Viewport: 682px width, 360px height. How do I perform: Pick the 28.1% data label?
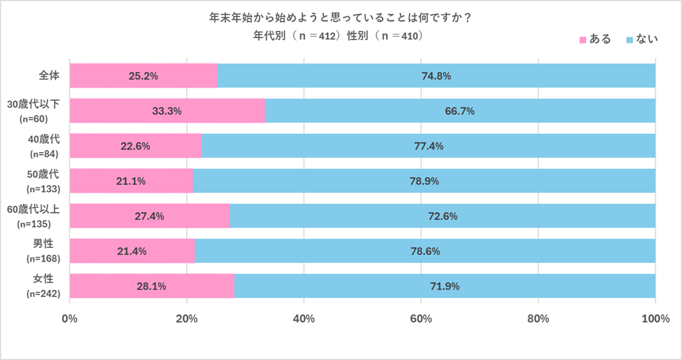pos(152,287)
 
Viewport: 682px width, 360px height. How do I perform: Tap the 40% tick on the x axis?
pos(304,319)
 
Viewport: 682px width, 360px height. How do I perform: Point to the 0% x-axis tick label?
pos(69,319)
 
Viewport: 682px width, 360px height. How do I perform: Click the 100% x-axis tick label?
pos(655,319)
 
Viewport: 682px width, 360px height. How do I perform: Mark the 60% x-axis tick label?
pos(421,319)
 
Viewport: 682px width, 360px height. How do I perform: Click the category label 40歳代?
pos(48,140)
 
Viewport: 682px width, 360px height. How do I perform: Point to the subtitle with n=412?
pos(340,35)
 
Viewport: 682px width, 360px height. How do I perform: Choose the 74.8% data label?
pos(436,76)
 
